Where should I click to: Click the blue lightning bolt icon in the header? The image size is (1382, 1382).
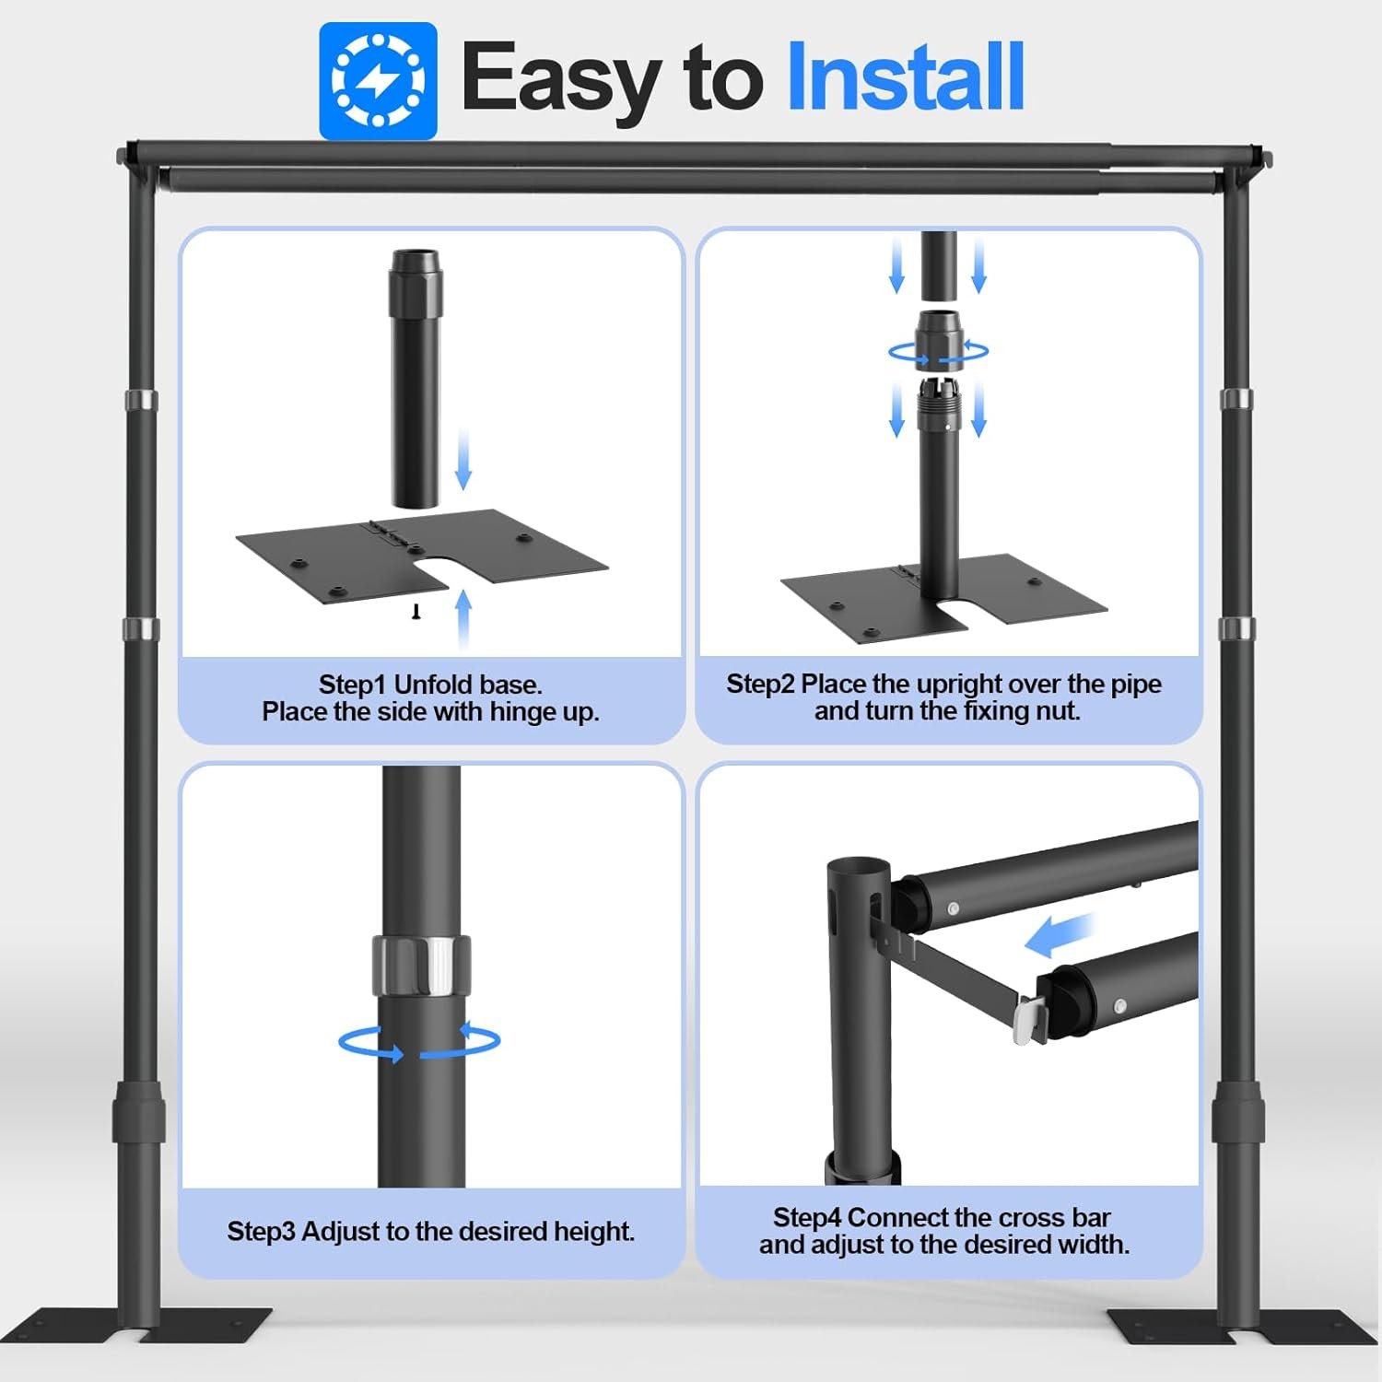[x=378, y=81]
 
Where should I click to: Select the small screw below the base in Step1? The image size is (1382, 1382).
[x=416, y=611]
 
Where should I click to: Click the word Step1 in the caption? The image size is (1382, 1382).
[x=352, y=685]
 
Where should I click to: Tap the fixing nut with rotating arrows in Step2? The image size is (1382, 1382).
[x=939, y=340]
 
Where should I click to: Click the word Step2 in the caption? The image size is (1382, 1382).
[x=760, y=684]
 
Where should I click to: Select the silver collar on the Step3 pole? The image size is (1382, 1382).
[x=422, y=965]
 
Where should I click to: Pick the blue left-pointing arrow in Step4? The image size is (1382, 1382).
[x=1060, y=935]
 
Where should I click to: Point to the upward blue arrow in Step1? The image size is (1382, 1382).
[x=463, y=620]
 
